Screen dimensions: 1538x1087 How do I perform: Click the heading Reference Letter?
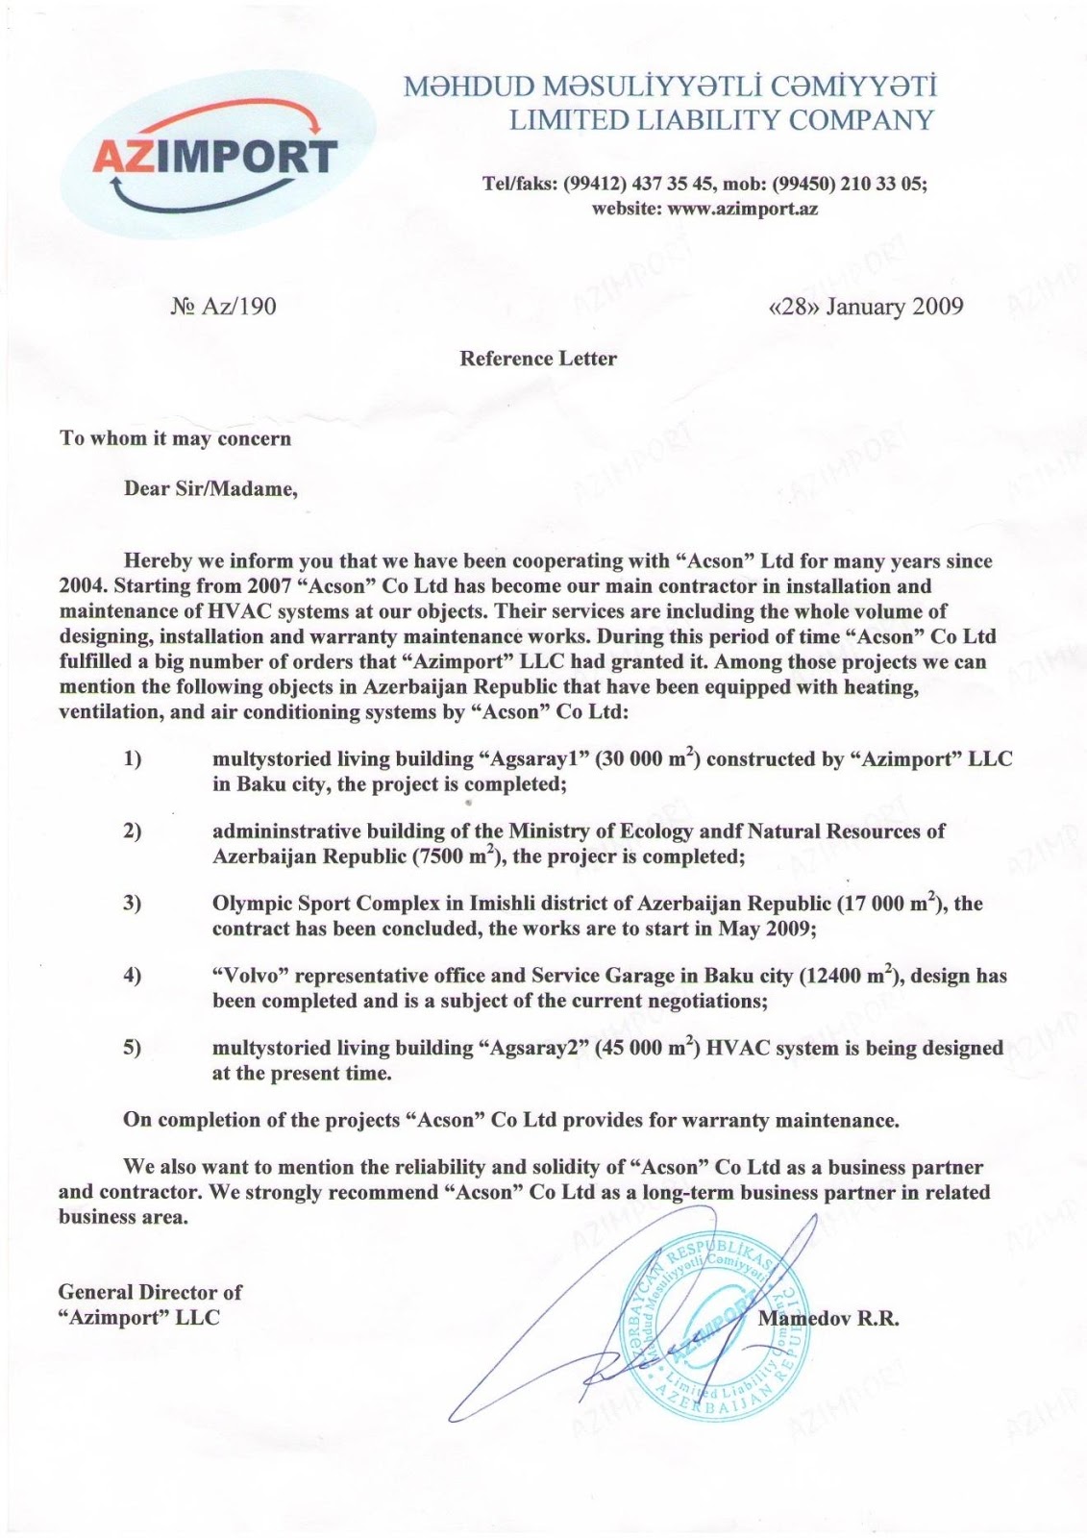click(538, 359)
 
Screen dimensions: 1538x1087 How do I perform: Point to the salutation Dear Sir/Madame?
click(211, 488)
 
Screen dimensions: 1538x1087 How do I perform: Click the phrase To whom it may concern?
click(175, 438)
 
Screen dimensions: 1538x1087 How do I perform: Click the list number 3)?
click(133, 904)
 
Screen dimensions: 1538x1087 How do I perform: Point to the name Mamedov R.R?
click(828, 1319)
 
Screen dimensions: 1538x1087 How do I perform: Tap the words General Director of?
click(150, 1292)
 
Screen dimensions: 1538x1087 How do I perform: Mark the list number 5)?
click(133, 1048)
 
